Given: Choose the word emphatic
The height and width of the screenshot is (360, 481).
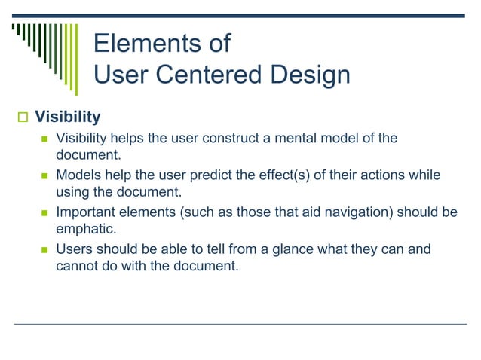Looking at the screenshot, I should point(85,227).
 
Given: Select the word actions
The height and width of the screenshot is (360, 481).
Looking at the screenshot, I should point(380,175).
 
